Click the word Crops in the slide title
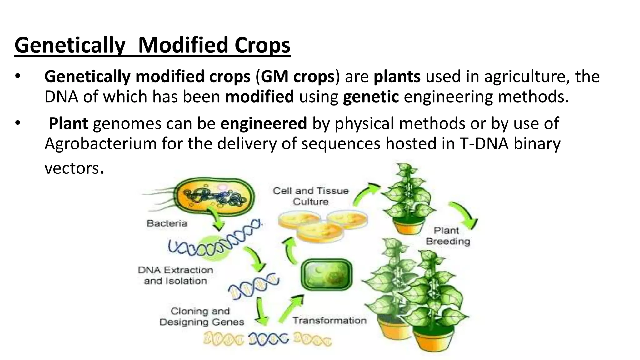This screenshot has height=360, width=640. pyautogui.click(x=262, y=45)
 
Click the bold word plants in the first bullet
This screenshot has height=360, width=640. pyautogui.click(x=397, y=77)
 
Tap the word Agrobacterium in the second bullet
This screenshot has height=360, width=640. pyautogui.click(x=100, y=144)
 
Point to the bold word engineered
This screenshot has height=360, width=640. pyautogui.click(x=263, y=123)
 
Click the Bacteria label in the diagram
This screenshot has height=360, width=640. pyautogui.click(x=167, y=223)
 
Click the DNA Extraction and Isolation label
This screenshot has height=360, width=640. pyautogui.click(x=175, y=275)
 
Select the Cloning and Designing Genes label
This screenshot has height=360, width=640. pyautogui.click(x=202, y=317)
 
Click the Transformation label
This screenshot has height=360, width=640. pyautogui.click(x=329, y=321)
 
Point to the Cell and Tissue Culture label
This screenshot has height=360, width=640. pyautogui.click(x=311, y=196)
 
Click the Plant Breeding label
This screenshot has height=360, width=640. pyautogui.click(x=447, y=236)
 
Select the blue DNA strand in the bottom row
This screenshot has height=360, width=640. pyautogui.click(x=268, y=339)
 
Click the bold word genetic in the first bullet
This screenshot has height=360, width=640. pyautogui.click(x=371, y=97)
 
